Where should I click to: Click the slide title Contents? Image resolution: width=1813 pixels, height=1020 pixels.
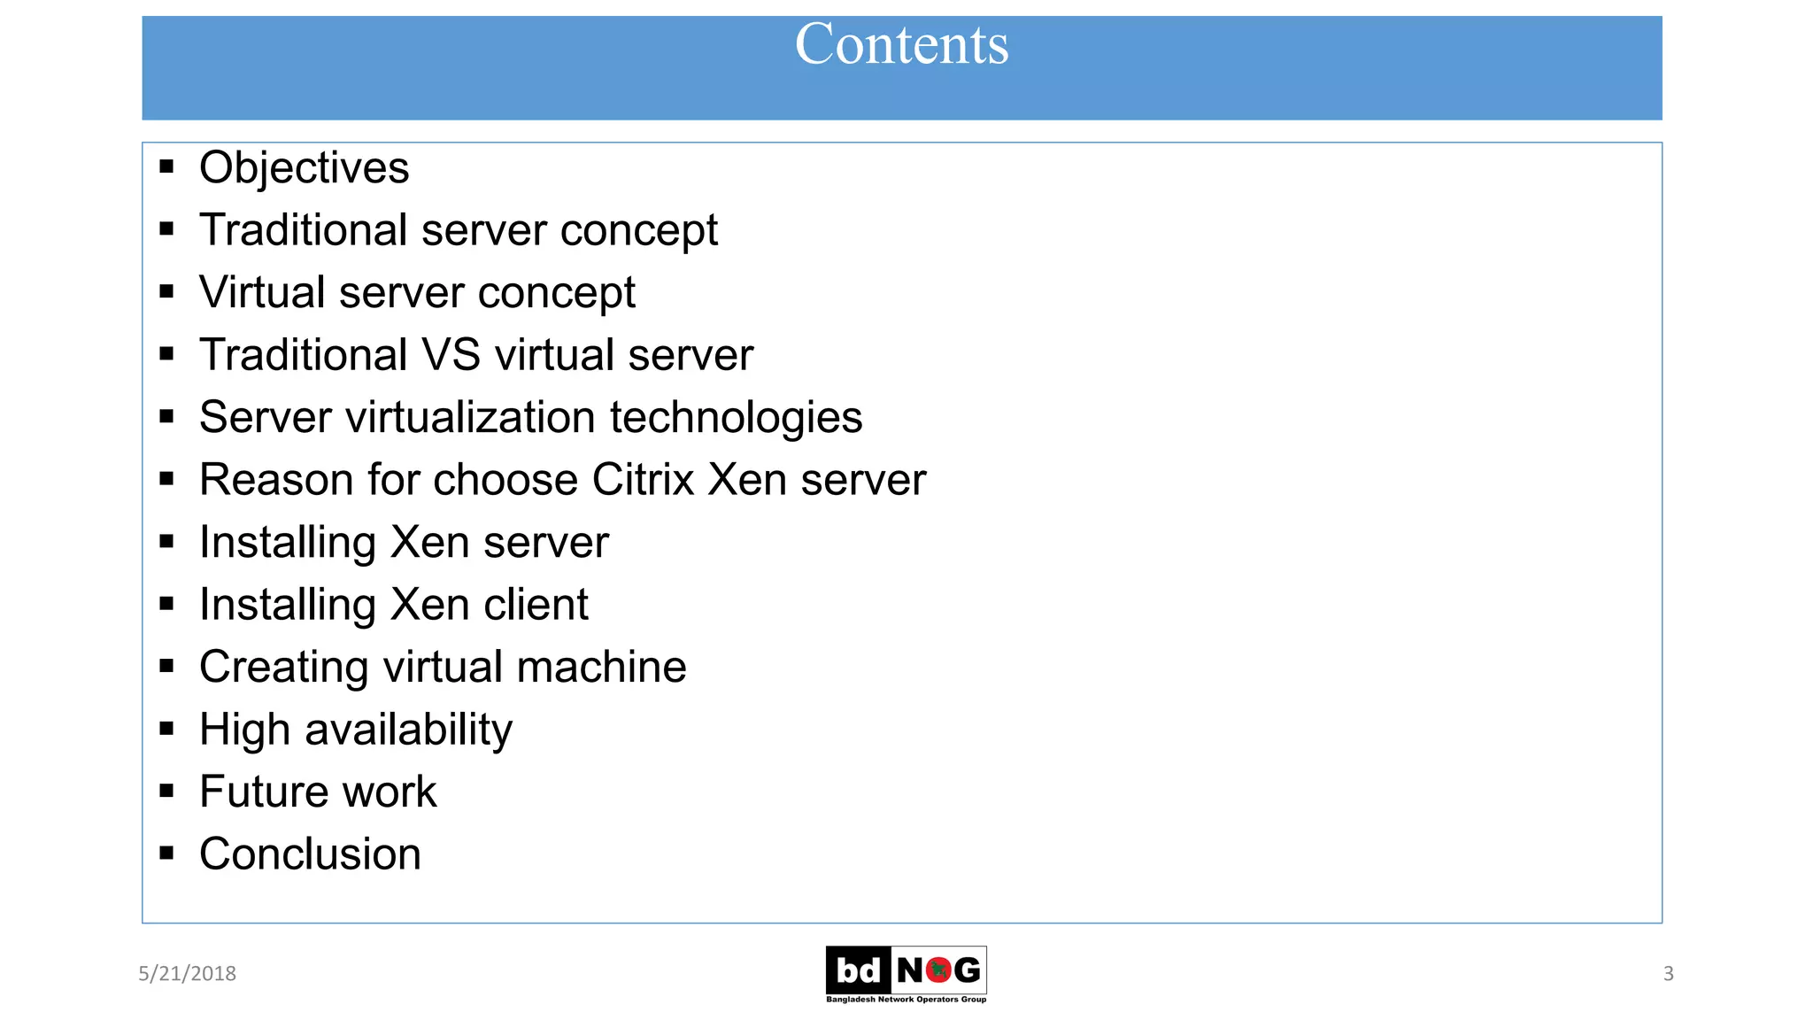pyautogui.click(x=901, y=44)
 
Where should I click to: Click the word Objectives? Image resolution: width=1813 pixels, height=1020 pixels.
pyautogui.click(x=304, y=168)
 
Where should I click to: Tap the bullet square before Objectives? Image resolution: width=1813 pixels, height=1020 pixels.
pyautogui.click(x=166, y=166)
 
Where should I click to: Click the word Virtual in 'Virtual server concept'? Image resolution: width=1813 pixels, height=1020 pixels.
pyautogui.click(x=262, y=292)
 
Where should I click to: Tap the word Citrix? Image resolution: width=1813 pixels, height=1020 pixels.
pyautogui.click(x=643, y=480)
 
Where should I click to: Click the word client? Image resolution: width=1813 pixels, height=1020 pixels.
pyautogui.click(x=536, y=605)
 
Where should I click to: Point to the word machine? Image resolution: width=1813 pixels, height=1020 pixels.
pyautogui.click(x=601, y=667)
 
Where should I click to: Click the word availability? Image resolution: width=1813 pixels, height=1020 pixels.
pyautogui.click(x=408, y=730)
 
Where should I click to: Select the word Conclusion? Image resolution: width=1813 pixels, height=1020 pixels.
pyautogui.click(x=310, y=854)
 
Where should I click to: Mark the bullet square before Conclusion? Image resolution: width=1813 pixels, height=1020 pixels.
pyautogui.click(x=166, y=854)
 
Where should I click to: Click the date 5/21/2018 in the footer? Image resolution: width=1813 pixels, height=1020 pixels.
pyautogui.click(x=187, y=973)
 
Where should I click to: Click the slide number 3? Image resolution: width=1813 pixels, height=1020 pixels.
pyautogui.click(x=1668, y=973)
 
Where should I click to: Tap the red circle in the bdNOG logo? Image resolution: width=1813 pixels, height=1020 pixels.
pyautogui.click(x=938, y=970)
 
